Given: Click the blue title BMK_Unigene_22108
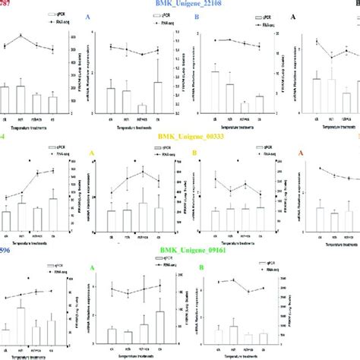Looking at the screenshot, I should tap(180, 6).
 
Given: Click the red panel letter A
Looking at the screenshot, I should tap(302, 152).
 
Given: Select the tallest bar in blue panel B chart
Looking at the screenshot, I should tap(215, 93).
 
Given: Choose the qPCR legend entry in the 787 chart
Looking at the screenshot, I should tap(52, 14).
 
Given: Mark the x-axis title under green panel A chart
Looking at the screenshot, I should tap(135, 355).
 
